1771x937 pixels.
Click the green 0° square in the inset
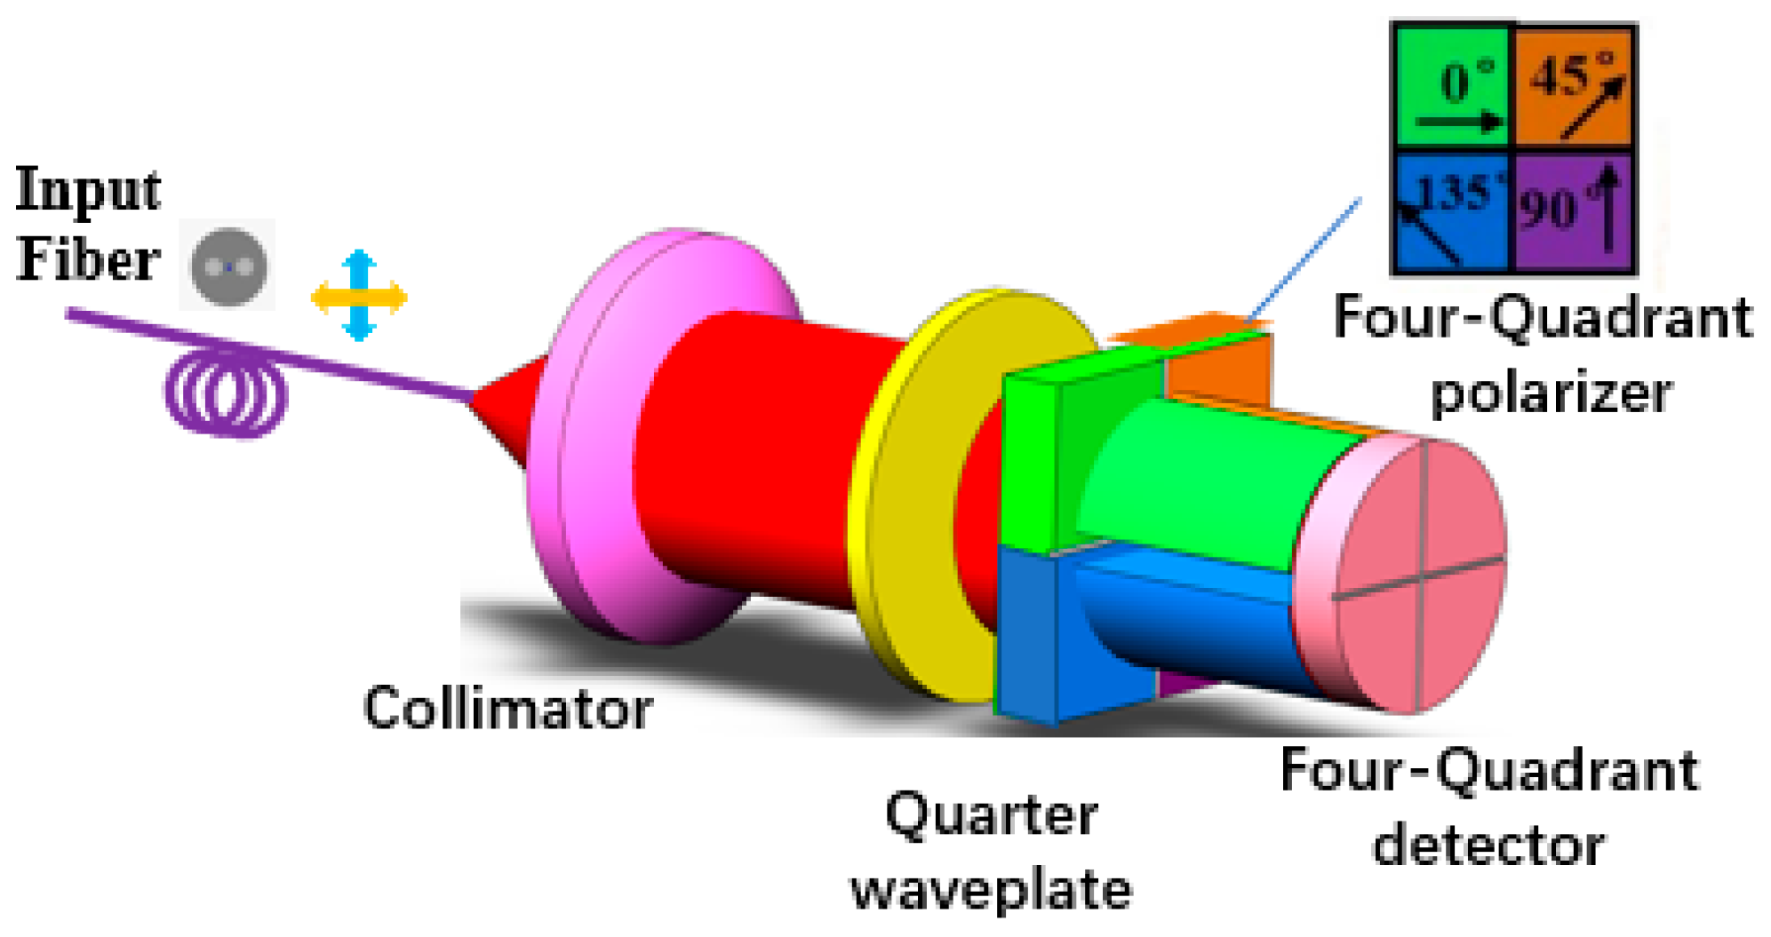pyautogui.click(x=1452, y=86)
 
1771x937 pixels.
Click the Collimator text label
pyautogui.click(x=507, y=709)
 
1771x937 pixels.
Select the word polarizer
pyautogui.click(x=1551, y=392)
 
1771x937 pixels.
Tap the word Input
pyautogui.click(x=88, y=190)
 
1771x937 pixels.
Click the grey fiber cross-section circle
pyautogui.click(x=229, y=266)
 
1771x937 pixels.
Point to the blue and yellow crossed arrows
pyautogui.click(x=359, y=296)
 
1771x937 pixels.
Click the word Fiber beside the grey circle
pyautogui.click(x=88, y=261)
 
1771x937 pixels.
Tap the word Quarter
pyautogui.click(x=991, y=814)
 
